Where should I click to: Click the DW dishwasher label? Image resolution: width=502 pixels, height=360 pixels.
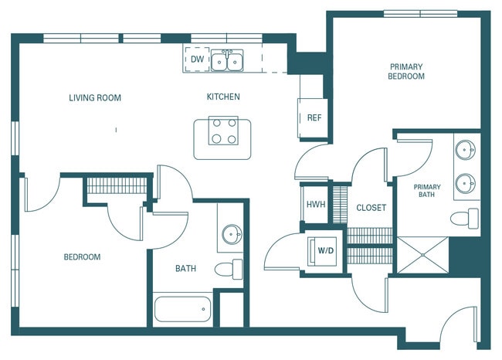click(197, 59)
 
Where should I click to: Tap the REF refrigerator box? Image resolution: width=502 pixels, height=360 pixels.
click(314, 117)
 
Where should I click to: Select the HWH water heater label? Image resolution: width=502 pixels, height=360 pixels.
click(314, 205)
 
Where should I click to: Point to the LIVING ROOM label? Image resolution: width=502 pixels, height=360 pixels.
click(95, 98)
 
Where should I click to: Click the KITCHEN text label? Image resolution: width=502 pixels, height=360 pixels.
click(223, 97)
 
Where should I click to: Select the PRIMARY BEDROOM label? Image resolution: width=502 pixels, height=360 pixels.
click(407, 72)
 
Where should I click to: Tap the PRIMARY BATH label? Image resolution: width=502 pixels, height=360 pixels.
click(426, 192)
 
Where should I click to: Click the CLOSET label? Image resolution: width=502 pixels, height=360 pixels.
click(371, 208)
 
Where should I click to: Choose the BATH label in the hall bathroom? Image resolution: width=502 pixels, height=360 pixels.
click(185, 269)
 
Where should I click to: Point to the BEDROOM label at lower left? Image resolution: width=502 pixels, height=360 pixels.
click(82, 256)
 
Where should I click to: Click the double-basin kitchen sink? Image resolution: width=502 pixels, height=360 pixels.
click(228, 60)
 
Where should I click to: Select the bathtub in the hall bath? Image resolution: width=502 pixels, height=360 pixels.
click(182, 310)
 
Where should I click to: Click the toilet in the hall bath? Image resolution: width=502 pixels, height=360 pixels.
click(229, 270)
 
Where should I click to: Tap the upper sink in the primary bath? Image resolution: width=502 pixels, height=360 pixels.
click(465, 150)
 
